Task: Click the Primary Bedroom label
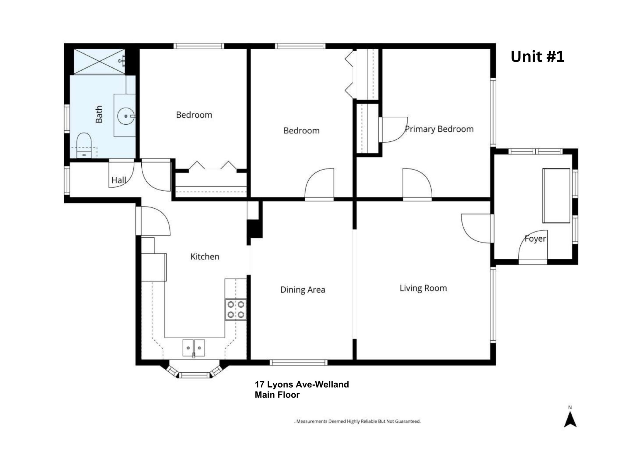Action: pos(439,129)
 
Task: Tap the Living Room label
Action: pos(423,288)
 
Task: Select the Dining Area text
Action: pos(303,290)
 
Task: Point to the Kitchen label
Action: pos(205,257)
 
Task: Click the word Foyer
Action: pos(535,239)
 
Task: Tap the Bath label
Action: pos(99,114)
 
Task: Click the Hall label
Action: pos(119,180)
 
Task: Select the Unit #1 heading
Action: pos(537,57)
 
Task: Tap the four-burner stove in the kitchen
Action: pos(236,310)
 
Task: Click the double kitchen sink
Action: pos(194,348)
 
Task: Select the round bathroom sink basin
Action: pos(126,116)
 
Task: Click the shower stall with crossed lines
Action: pos(100,61)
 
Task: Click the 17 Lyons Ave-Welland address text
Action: pos(302,385)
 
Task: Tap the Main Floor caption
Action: pos(277,395)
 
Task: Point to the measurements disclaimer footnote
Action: pos(357,421)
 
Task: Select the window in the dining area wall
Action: pos(299,363)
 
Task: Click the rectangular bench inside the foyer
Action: pos(556,196)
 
